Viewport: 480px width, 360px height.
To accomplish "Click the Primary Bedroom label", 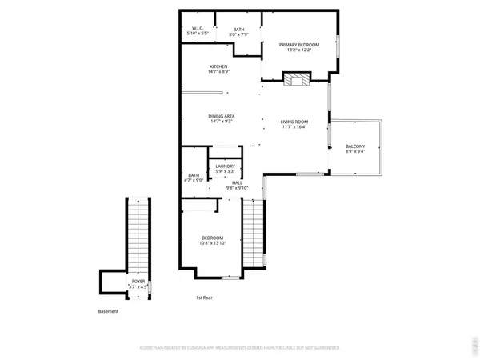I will click(x=299, y=45).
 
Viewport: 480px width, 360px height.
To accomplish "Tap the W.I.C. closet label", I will click(x=198, y=28).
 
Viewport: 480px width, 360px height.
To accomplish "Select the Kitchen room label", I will click(x=219, y=66).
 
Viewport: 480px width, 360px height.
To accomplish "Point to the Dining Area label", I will click(x=222, y=116).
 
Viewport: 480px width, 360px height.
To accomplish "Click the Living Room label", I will click(x=294, y=121).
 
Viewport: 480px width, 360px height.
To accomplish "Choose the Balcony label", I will click(x=355, y=146).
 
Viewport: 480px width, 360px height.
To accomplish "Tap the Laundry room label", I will click(x=225, y=166).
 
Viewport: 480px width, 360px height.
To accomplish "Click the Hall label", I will click(x=237, y=183).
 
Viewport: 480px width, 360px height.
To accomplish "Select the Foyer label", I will click(x=139, y=282).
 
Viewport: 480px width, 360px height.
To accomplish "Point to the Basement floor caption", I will click(x=108, y=311).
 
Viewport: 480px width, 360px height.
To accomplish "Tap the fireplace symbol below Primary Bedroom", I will click(x=297, y=78).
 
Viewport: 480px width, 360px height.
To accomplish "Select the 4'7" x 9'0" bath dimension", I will click(x=194, y=181).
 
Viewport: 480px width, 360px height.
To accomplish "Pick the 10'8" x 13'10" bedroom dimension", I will click(x=212, y=243).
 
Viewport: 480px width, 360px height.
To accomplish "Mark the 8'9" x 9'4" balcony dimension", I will click(x=355, y=151).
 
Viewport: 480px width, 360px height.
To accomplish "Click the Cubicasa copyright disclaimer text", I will click(x=240, y=348).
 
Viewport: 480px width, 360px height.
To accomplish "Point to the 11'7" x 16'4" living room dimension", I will click(x=294, y=126).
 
